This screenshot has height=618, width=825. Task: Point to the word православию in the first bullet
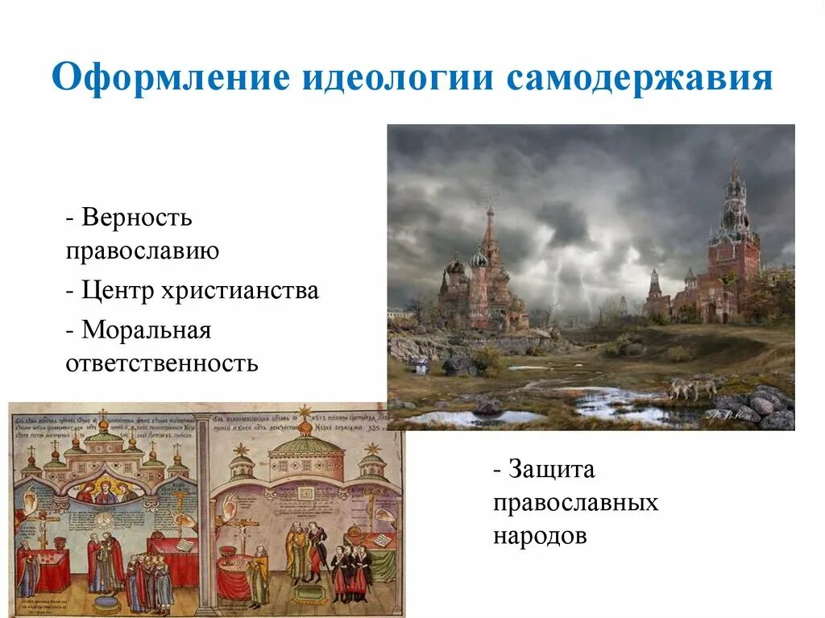coord(143,251)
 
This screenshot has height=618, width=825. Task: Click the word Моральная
coord(146,330)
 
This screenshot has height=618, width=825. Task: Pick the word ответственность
coord(162,363)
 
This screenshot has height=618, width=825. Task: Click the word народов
coord(541,536)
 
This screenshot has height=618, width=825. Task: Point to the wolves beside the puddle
coord(691,388)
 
